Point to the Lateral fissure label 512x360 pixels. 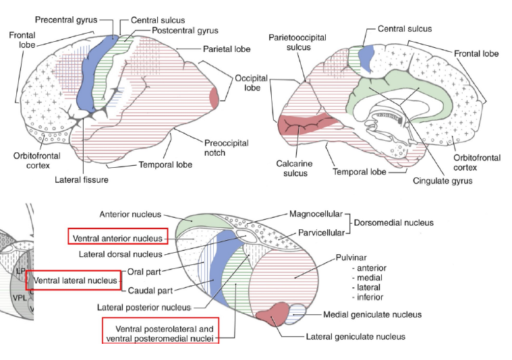point(82,180)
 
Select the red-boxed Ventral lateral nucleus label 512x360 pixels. point(74,279)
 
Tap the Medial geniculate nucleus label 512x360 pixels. point(372,314)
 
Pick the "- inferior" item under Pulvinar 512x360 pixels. point(368,297)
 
